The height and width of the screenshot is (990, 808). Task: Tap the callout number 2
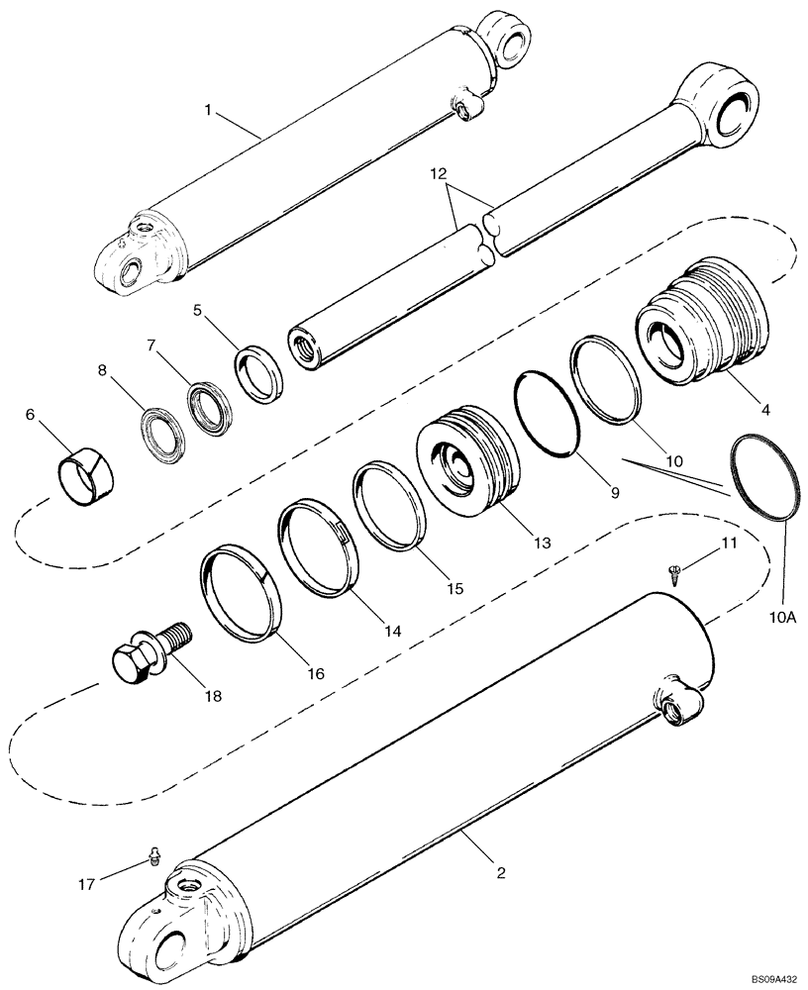[501, 872]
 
